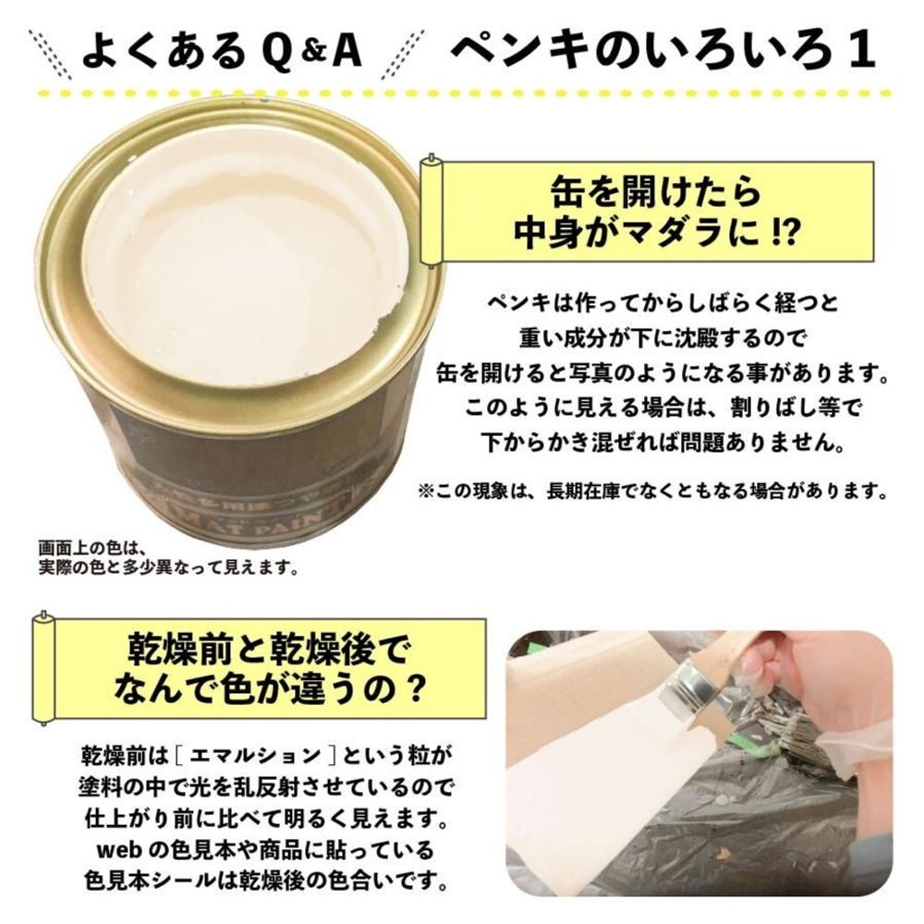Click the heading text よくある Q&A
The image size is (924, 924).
click(221, 51)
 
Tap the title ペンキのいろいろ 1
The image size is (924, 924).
click(662, 51)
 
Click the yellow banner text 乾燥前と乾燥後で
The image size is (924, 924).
click(265, 646)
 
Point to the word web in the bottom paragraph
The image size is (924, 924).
click(115, 847)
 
